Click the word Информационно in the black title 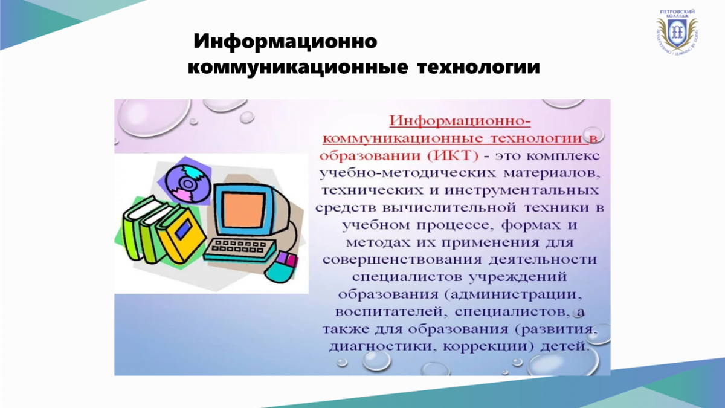coord(285,42)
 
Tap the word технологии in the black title coord(478,68)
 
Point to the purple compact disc coord(188,183)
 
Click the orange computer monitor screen coord(243,210)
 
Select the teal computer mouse coord(282,267)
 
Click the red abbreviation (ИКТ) coord(453,156)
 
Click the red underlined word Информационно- coord(460,121)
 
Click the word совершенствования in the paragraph coord(402,260)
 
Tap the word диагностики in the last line coord(382,347)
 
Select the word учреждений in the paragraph coord(518,277)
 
